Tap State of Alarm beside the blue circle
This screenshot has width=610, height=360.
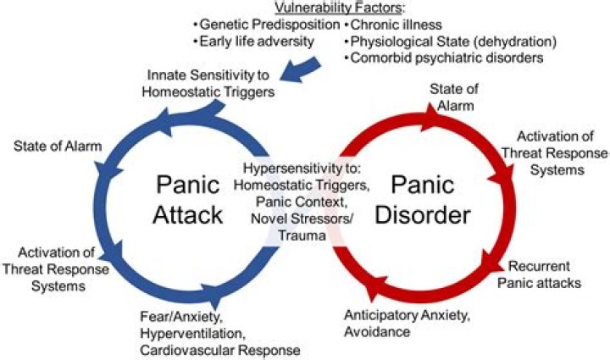coord(58,147)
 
